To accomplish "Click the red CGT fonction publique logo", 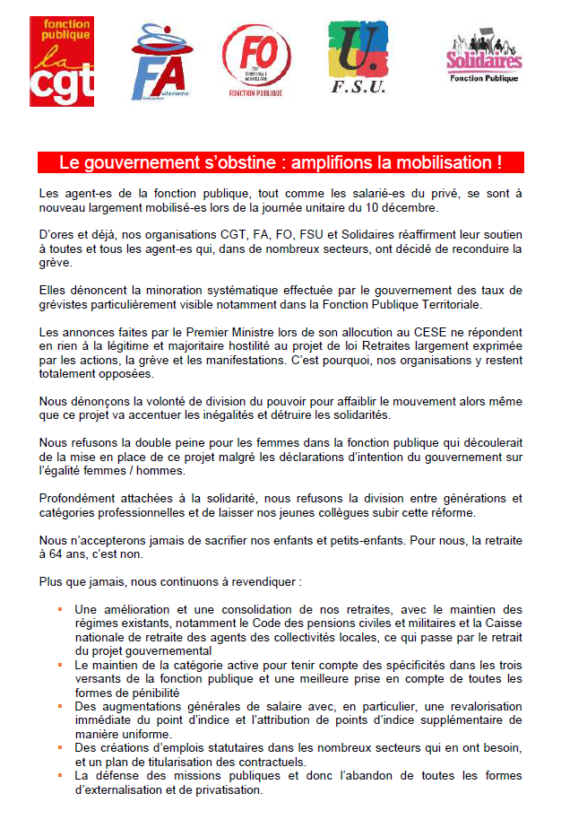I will pyautogui.click(x=62, y=61).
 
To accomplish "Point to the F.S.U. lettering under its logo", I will pyautogui.click(x=358, y=87).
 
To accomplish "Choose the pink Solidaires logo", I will pyautogui.click(x=484, y=59).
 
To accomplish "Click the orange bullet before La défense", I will pyautogui.click(x=59, y=774).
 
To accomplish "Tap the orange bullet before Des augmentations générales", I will pyautogui.click(x=59, y=706).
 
